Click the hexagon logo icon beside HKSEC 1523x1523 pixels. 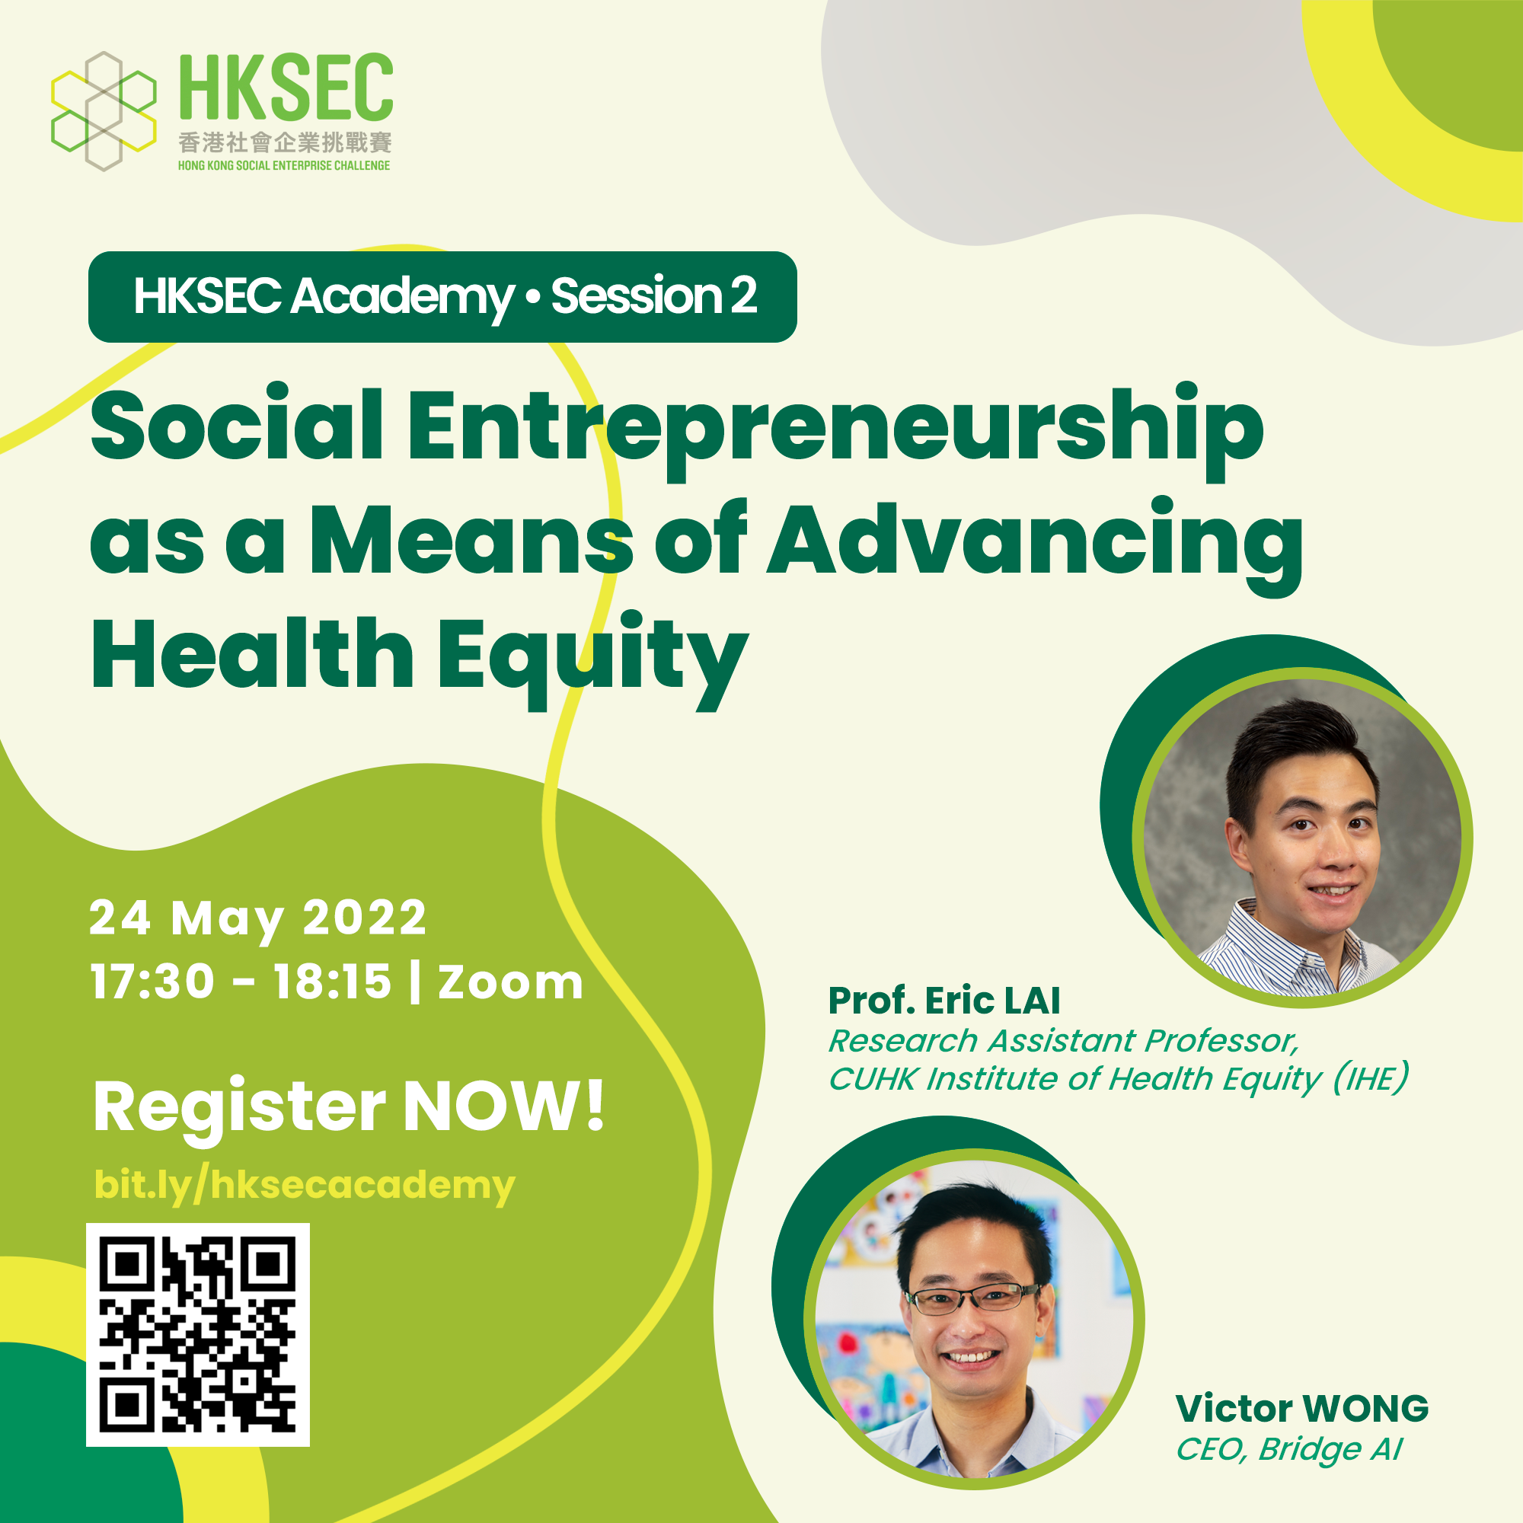(x=104, y=111)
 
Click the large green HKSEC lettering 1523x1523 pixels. (x=286, y=88)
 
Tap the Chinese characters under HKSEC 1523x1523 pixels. (x=285, y=142)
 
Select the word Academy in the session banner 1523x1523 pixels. (x=403, y=298)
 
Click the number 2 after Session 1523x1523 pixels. (x=742, y=295)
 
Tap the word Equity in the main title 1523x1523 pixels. (x=592, y=657)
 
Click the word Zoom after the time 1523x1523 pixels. (x=510, y=982)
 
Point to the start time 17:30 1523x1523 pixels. (x=152, y=982)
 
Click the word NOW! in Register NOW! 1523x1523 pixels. (x=503, y=1106)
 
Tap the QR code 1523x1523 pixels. (x=198, y=1335)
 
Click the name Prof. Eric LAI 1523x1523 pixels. (x=943, y=1001)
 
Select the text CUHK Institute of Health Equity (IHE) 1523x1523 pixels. (x=1118, y=1079)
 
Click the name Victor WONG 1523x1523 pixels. (x=1301, y=1409)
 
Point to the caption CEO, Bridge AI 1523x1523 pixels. (x=1289, y=1449)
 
